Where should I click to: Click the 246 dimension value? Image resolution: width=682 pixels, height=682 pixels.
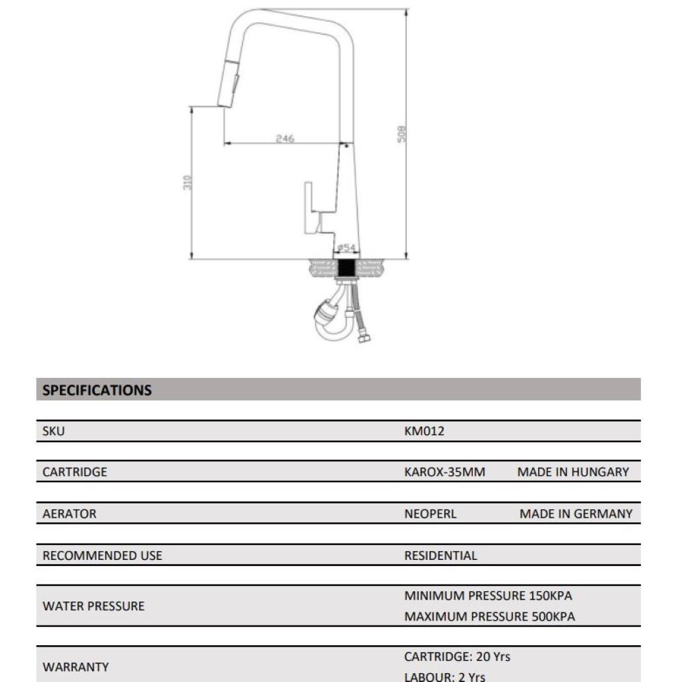(284, 138)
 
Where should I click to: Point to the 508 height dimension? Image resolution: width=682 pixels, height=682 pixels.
(402, 133)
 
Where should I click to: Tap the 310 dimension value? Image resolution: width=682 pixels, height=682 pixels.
(189, 183)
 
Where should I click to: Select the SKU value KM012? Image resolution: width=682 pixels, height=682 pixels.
(424, 431)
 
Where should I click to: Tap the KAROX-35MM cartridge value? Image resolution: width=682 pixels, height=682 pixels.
(445, 472)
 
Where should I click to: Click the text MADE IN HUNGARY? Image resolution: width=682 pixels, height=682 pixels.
(573, 472)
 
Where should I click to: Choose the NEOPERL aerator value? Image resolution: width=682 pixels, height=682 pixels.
(430, 514)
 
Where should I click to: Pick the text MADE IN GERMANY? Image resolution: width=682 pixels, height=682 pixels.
(576, 514)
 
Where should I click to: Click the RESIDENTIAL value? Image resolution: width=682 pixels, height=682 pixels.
(441, 555)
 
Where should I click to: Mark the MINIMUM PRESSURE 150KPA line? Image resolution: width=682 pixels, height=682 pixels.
(488, 595)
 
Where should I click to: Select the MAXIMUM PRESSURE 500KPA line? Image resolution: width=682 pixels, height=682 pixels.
(490, 617)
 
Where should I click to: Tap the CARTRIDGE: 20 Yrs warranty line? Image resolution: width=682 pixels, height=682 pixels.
(457, 657)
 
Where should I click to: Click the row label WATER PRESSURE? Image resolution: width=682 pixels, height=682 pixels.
(93, 606)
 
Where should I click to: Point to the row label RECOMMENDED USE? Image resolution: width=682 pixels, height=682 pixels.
(102, 555)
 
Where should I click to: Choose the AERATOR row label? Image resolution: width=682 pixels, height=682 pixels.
(70, 514)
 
